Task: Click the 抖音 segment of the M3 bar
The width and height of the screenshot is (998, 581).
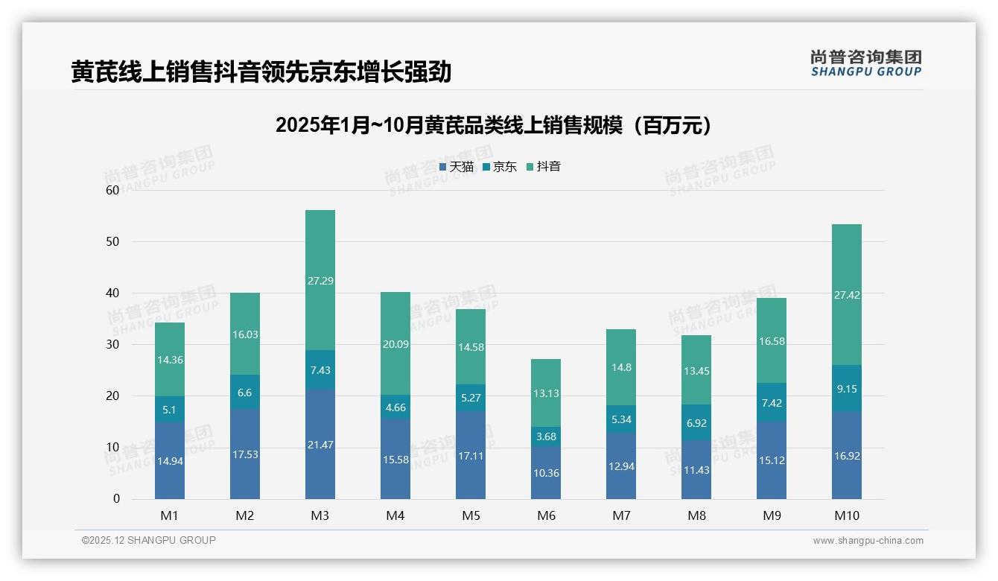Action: click(x=320, y=280)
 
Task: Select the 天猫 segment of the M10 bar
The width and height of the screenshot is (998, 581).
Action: click(x=847, y=455)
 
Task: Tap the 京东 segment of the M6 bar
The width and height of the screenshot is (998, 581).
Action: click(x=546, y=436)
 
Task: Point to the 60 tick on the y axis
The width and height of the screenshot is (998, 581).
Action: click(x=112, y=190)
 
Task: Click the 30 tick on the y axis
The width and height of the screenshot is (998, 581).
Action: click(x=112, y=345)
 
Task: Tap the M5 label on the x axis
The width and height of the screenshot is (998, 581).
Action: click(x=471, y=515)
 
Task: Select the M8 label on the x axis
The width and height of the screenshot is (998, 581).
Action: click(x=696, y=515)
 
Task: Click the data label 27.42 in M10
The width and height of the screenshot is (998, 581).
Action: click(x=847, y=295)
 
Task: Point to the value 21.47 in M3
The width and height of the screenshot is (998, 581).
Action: click(x=320, y=445)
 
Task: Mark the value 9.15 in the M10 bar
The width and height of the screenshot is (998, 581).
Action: click(x=847, y=389)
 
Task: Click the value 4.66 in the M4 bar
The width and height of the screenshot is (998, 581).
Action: click(x=395, y=407)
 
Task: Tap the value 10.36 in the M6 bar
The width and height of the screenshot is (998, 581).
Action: click(x=546, y=473)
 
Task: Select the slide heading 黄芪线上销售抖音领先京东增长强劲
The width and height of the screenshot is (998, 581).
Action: click(x=261, y=72)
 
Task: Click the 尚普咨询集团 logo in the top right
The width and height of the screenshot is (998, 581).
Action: click(x=865, y=63)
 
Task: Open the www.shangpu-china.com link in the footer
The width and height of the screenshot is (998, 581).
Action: click(x=868, y=541)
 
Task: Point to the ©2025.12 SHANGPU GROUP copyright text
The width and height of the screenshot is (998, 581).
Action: click(x=149, y=540)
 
